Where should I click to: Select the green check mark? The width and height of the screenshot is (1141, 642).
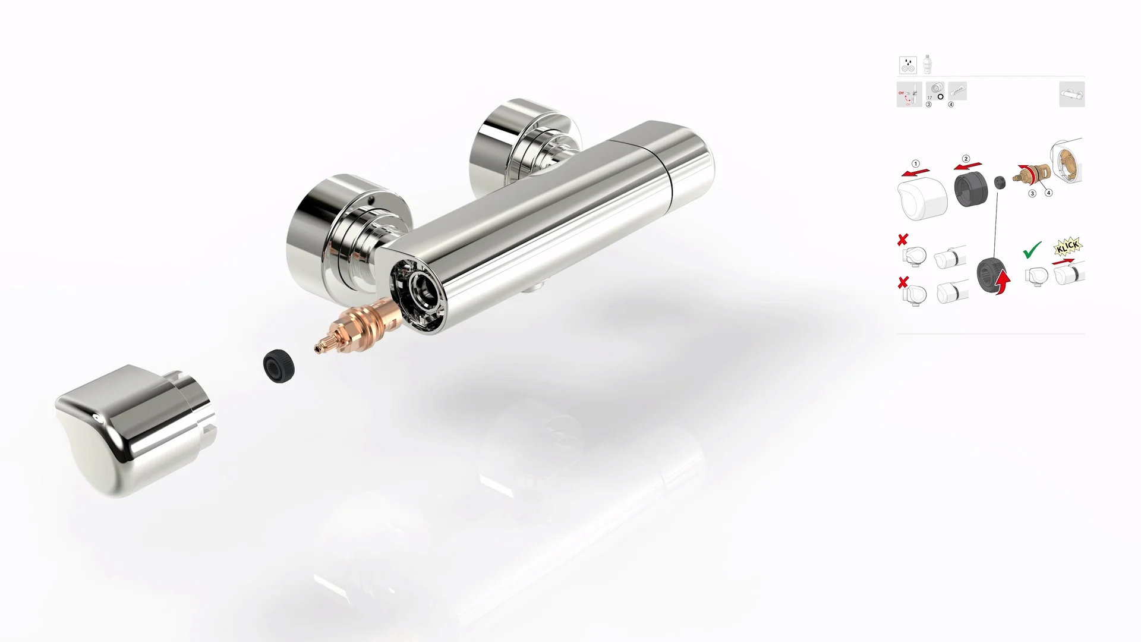click(x=1032, y=250)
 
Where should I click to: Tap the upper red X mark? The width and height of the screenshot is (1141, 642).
click(x=903, y=240)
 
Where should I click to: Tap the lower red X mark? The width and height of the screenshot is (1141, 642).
click(x=903, y=282)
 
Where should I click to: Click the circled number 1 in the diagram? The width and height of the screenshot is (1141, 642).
click(x=916, y=163)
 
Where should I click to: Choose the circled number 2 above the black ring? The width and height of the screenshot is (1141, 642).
click(x=966, y=159)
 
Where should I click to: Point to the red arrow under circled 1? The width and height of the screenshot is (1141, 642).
click(x=915, y=172)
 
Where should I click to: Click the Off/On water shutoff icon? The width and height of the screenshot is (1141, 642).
click(x=909, y=95)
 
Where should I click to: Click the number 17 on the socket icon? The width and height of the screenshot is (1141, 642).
click(x=930, y=97)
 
